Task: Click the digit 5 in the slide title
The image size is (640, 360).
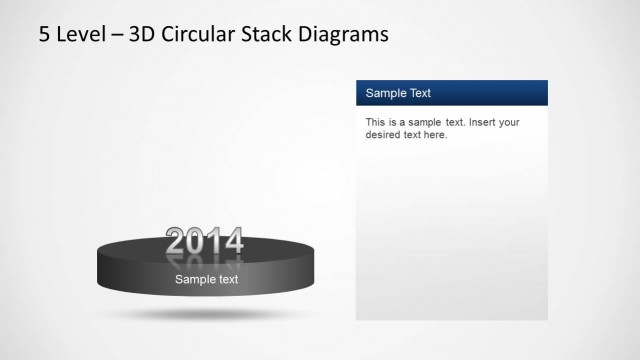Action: click(x=45, y=35)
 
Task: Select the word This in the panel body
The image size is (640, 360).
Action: click(x=376, y=123)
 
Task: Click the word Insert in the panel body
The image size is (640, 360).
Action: click(x=474, y=123)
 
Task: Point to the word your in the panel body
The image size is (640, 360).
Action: click(x=508, y=123)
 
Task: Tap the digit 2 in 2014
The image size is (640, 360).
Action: click(x=176, y=241)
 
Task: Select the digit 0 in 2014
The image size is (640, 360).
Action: click(x=199, y=241)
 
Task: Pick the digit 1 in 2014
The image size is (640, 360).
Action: click(x=216, y=241)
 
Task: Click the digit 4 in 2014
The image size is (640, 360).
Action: click(x=233, y=241)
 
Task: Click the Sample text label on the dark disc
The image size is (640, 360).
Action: click(x=206, y=280)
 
